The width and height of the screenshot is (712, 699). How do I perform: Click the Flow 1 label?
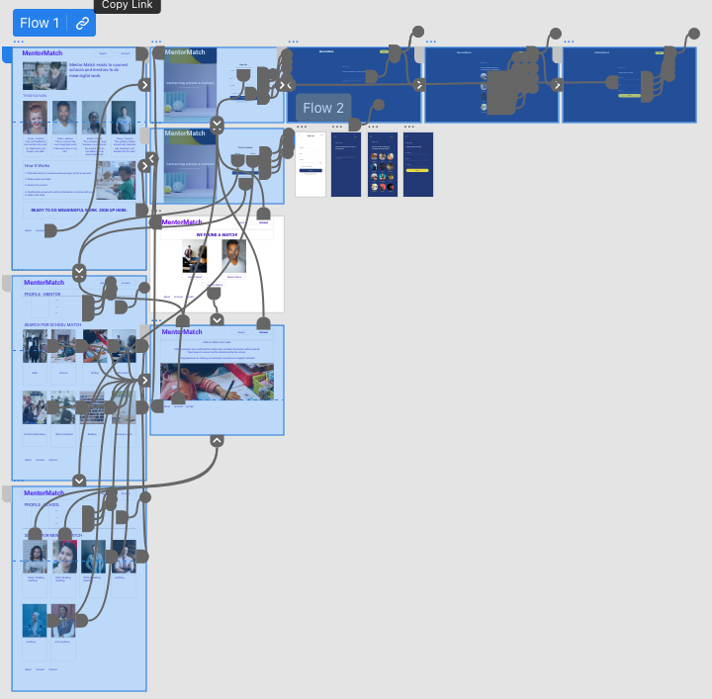pyautogui.click(x=40, y=23)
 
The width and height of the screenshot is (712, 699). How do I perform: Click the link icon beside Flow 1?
pyautogui.click(x=83, y=23)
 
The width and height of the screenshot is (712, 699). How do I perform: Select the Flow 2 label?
pyautogui.click(x=323, y=108)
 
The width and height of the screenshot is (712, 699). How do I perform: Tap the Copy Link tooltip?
pyautogui.click(x=128, y=5)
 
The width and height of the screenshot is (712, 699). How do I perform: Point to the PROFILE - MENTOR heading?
pyautogui.click(x=44, y=294)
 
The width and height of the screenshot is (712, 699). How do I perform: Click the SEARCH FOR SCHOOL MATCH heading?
pyautogui.click(x=53, y=324)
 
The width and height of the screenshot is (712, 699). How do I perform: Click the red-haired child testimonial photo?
pyautogui.click(x=36, y=117)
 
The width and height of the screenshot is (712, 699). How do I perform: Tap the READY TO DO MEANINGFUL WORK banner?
pyautogui.click(x=79, y=210)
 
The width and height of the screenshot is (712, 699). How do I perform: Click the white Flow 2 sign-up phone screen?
pyautogui.click(x=311, y=164)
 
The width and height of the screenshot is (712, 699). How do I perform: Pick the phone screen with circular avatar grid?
pyautogui.click(x=382, y=164)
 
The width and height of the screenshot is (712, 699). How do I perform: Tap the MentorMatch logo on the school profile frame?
pyautogui.click(x=44, y=492)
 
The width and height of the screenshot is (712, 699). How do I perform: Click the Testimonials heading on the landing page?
pyautogui.click(x=35, y=95)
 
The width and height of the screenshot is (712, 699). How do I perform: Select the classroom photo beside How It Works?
pyautogui.click(x=124, y=180)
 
